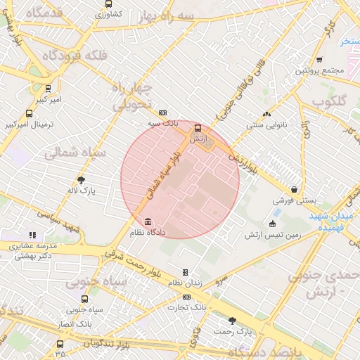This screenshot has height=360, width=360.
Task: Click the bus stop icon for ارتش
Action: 198,129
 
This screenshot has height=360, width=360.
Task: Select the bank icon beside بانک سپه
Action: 163,112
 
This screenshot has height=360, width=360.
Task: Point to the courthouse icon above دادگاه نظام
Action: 147,221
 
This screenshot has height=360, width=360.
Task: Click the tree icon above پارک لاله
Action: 81,179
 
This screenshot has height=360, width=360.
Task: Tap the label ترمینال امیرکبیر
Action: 30,124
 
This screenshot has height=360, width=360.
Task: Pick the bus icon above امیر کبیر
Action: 48,89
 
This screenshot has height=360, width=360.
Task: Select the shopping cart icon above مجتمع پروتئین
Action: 320,60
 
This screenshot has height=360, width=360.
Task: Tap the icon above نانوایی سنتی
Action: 266,114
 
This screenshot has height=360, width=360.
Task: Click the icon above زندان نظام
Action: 185,271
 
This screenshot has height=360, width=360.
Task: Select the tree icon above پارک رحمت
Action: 233,320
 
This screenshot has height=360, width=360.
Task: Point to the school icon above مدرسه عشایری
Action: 31,235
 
